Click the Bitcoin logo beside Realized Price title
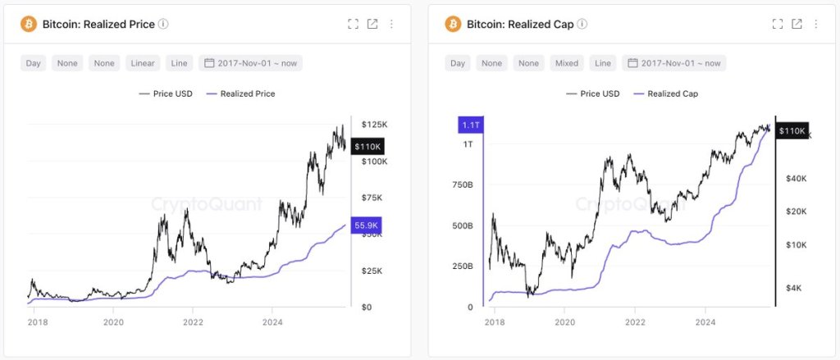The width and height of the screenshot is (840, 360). (29, 24)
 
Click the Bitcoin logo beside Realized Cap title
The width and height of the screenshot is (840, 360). (454, 24)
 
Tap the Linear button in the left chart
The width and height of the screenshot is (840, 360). (144, 63)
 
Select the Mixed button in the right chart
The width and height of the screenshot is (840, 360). (567, 63)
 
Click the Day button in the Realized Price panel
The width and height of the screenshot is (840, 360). (34, 63)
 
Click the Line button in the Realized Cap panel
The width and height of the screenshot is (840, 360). (603, 63)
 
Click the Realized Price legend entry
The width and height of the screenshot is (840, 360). (243, 93)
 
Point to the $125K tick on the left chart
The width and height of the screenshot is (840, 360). (374, 124)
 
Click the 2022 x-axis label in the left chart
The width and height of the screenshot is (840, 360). (193, 322)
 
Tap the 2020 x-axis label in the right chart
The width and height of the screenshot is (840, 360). (565, 322)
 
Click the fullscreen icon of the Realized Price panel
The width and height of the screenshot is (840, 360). (354, 24)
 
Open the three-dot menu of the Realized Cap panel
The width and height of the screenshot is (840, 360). (816, 24)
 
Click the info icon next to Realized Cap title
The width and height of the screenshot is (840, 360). (582, 24)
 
